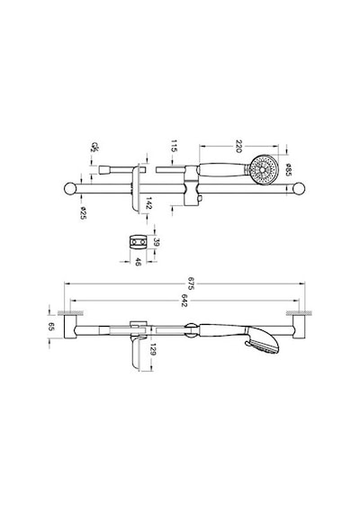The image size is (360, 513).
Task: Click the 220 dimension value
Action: (x=238, y=146)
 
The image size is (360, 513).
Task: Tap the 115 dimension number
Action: (x=174, y=146)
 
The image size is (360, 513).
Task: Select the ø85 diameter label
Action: (x=288, y=170)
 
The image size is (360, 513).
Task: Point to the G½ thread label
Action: (x=94, y=148)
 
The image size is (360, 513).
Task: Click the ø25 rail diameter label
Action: (x=83, y=213)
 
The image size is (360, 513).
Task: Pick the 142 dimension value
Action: (x=148, y=203)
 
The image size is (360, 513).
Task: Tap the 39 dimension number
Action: (x=156, y=242)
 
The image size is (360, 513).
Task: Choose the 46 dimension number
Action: (x=138, y=262)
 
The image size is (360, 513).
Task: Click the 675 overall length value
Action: (x=191, y=283)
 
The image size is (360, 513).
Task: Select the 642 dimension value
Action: (x=184, y=301)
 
